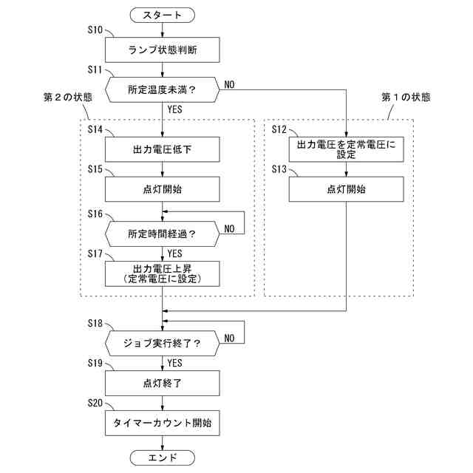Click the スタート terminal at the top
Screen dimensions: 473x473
point(163,14)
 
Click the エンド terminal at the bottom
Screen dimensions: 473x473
point(163,457)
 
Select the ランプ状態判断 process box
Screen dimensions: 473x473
point(163,50)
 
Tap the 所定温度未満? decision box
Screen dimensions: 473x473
point(163,89)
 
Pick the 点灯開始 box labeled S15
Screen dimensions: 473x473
point(163,189)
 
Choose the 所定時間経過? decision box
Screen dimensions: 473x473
point(163,234)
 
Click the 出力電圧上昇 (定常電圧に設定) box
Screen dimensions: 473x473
point(163,273)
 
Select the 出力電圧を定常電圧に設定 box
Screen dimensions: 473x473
point(347,149)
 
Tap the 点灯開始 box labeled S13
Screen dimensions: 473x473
point(347,189)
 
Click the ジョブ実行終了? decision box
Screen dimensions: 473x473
point(163,342)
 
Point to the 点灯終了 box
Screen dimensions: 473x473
point(163,383)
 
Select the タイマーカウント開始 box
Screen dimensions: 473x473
point(163,423)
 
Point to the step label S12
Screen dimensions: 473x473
point(279,129)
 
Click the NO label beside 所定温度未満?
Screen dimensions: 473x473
point(229,84)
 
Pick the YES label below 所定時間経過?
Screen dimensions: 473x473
point(175,253)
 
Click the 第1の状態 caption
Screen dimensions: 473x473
point(406,97)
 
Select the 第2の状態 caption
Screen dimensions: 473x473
point(68,98)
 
